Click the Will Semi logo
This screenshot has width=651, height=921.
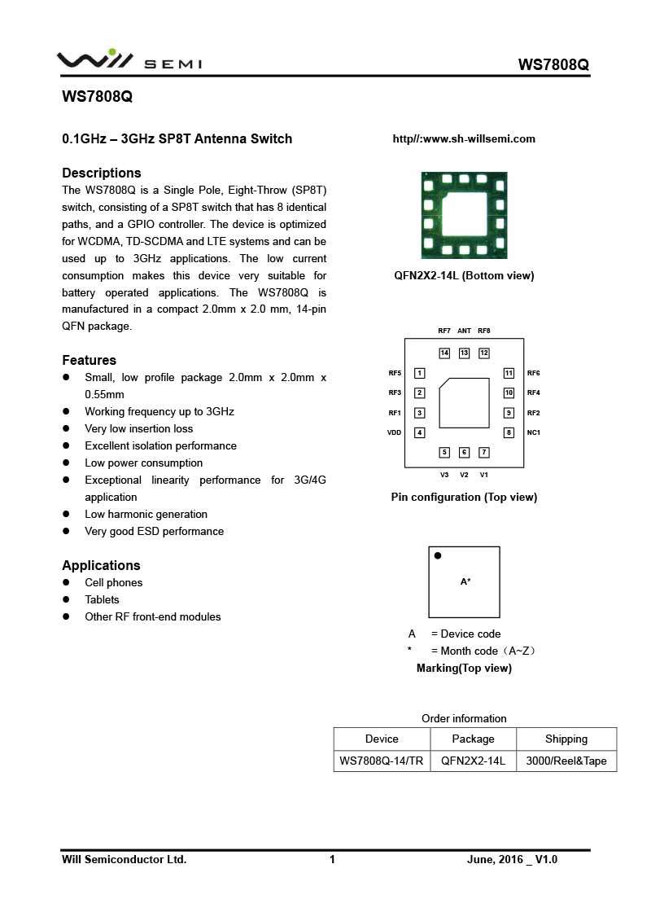pyautogui.click(x=129, y=61)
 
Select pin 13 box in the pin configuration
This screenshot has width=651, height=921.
pyautogui.click(x=464, y=353)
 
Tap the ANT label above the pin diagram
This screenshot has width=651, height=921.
pyautogui.click(x=464, y=331)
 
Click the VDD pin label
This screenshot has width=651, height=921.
pyautogui.click(x=395, y=432)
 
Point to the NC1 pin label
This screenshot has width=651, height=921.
pyautogui.click(x=534, y=432)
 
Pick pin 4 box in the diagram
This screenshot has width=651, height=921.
pyautogui.click(x=420, y=432)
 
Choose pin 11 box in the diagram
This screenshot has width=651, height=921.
pyautogui.click(x=509, y=373)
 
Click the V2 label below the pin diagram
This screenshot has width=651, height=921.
pyautogui.click(x=464, y=475)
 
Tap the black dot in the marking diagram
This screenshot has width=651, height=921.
pyautogui.click(x=438, y=556)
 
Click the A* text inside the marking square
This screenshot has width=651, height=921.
pyautogui.click(x=465, y=581)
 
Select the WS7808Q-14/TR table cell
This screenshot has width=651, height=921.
pyautogui.click(x=382, y=761)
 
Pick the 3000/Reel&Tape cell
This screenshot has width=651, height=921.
pyautogui.click(x=566, y=761)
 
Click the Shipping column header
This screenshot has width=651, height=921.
pyautogui.click(x=566, y=739)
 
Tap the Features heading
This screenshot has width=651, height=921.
pyautogui.click(x=89, y=360)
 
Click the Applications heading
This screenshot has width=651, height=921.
pyautogui.click(x=101, y=565)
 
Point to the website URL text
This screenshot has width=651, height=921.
pyautogui.click(x=464, y=138)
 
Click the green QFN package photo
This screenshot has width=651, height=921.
pyautogui.click(x=464, y=215)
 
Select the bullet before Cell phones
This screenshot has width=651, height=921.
pyautogui.click(x=67, y=583)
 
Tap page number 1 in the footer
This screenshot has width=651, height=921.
pyautogui.click(x=332, y=859)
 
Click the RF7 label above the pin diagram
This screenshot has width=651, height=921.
pyautogui.click(x=444, y=331)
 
